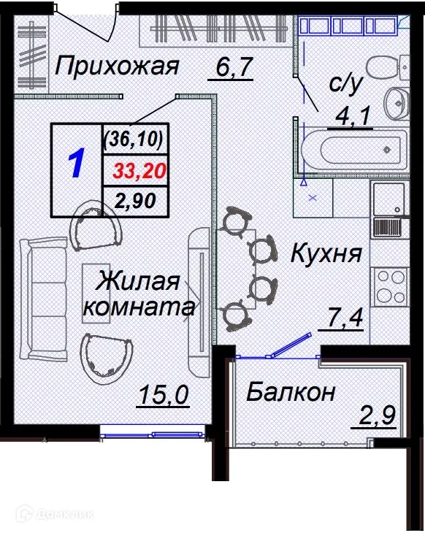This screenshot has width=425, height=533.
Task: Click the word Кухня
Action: pyautogui.click(x=326, y=254)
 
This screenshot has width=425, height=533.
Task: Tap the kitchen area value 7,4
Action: pyautogui.click(x=343, y=319)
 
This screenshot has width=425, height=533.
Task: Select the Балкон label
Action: pyautogui.click(x=290, y=392)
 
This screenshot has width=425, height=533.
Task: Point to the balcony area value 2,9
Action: pyautogui.click(x=376, y=419)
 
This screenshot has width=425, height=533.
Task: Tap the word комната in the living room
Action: pyautogui.click(x=138, y=307)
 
